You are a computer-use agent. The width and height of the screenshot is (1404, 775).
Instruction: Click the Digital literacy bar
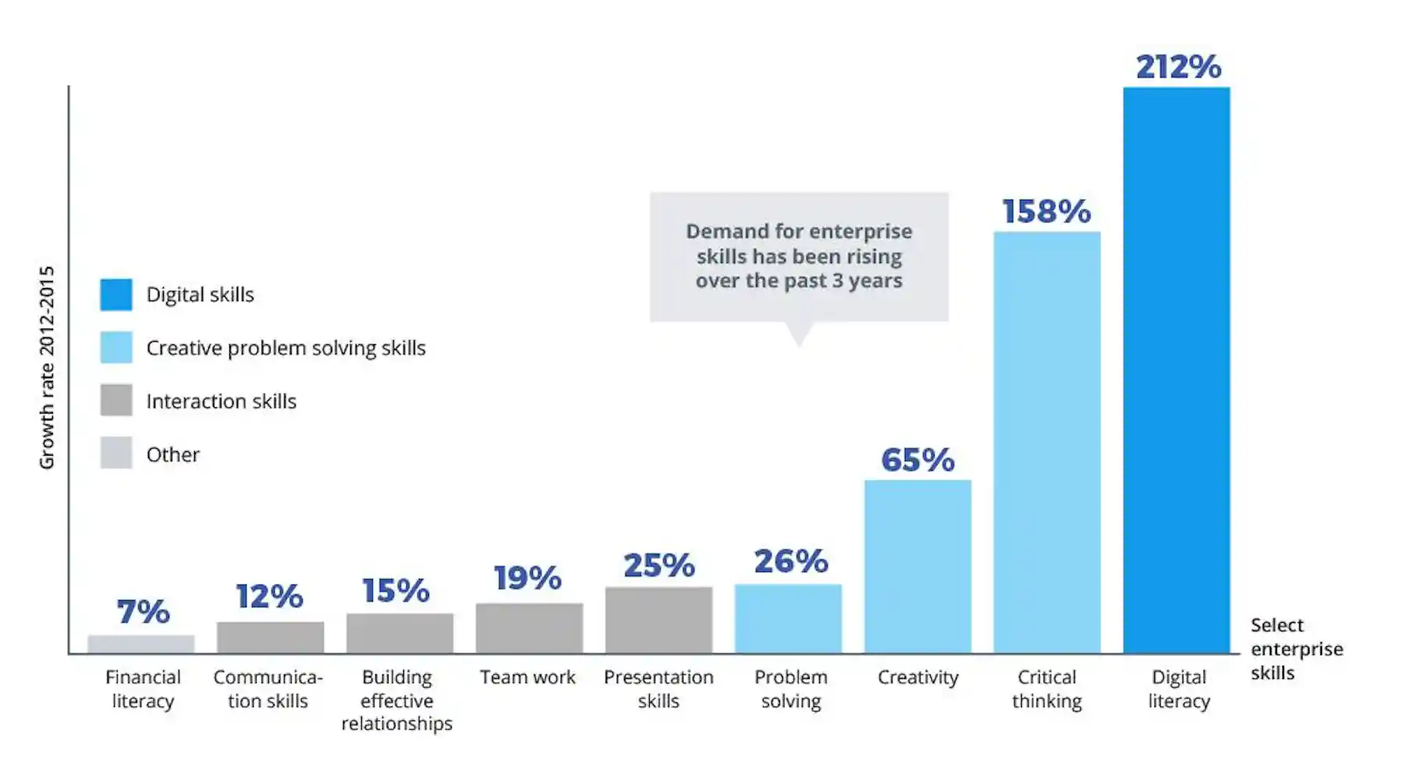(x=1176, y=370)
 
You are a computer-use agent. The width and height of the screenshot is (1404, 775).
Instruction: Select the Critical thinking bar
(x=1047, y=443)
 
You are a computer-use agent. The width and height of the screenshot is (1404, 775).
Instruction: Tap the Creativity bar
(x=917, y=567)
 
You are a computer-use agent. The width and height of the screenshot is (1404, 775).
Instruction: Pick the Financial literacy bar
(x=141, y=645)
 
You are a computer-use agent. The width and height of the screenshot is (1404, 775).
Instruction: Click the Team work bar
(x=530, y=628)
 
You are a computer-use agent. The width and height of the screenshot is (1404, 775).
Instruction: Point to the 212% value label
(x=1179, y=67)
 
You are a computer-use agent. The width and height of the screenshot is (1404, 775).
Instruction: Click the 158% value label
(x=1047, y=212)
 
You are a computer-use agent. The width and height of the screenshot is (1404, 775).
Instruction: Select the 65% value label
(x=918, y=460)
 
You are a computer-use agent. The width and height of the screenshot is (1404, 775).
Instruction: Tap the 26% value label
(x=791, y=562)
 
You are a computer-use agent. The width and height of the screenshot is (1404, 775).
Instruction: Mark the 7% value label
(x=144, y=612)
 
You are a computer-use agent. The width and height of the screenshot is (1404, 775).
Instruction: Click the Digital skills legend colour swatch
(x=116, y=295)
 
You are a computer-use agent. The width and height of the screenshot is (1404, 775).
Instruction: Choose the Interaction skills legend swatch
(x=116, y=400)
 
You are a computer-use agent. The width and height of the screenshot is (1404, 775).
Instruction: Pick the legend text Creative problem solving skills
(x=286, y=348)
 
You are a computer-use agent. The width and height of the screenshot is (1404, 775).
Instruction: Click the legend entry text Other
(x=173, y=454)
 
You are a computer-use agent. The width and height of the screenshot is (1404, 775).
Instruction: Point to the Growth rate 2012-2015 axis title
(x=47, y=368)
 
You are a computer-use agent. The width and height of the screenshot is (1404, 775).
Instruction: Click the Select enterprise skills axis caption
(x=1296, y=649)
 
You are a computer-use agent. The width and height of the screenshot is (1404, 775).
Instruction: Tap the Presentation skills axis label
(x=658, y=689)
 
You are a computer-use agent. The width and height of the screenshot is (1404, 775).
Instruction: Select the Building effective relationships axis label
(x=397, y=700)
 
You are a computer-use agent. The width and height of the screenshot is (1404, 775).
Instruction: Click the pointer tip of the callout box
(x=799, y=346)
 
